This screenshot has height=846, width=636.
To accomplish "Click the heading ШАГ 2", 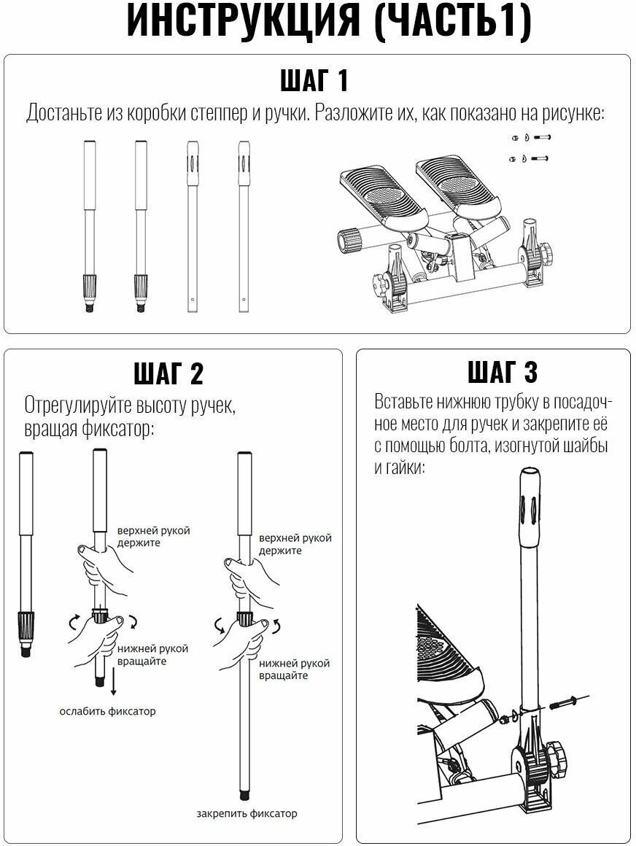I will click(x=168, y=373).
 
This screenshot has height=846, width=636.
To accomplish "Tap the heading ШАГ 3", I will click(x=503, y=372).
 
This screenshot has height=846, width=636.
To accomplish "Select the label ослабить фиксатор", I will click(x=107, y=711).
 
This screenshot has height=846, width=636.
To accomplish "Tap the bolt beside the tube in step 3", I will click(x=562, y=702).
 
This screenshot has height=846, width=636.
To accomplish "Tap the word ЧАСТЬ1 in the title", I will click(x=452, y=23).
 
